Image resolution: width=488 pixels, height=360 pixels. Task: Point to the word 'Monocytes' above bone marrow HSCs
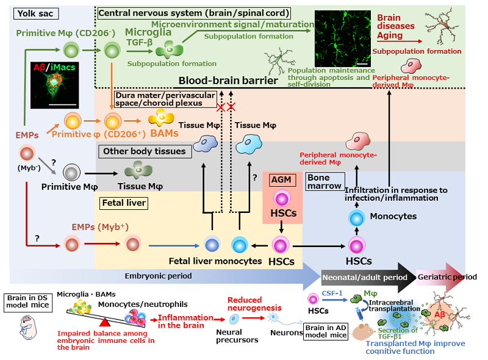point(392,216)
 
